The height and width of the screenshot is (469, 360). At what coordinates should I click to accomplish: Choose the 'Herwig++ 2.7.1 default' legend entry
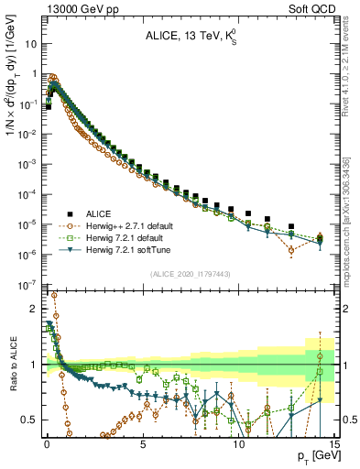139,225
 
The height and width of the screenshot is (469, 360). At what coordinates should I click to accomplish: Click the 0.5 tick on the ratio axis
29,420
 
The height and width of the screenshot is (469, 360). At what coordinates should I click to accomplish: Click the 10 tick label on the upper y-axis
31,44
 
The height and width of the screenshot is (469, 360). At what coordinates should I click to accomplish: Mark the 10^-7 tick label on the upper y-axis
28,285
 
